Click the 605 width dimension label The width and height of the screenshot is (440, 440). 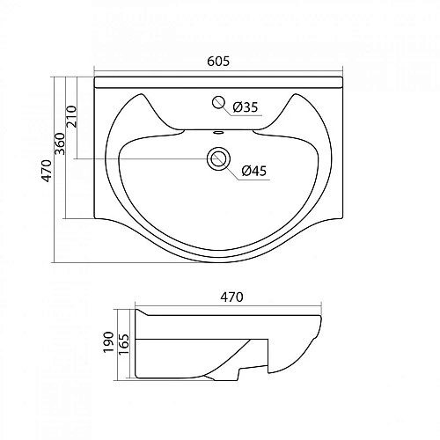coord(218,61)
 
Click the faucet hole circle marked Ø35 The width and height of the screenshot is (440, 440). coord(217,103)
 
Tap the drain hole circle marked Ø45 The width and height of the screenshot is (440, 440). coord(217,158)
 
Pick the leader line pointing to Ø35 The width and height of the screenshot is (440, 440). coord(228,107)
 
